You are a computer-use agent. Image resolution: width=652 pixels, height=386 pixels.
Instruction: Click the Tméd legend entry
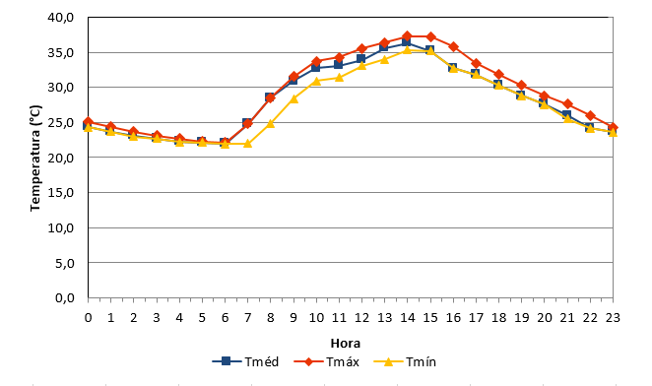[245, 361]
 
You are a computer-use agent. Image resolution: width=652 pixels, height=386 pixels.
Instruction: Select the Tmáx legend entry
[326, 361]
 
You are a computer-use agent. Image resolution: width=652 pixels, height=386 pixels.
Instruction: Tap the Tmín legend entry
[405, 361]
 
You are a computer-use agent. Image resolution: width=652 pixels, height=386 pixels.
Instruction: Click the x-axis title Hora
[345, 343]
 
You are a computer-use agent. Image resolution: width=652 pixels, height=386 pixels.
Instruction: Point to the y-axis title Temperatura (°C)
[35, 159]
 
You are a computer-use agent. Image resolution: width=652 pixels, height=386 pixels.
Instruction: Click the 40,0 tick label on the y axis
[61, 18]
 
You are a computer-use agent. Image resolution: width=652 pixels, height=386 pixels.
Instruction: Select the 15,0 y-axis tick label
[61, 193]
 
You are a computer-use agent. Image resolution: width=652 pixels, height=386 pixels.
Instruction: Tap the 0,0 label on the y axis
[64, 297]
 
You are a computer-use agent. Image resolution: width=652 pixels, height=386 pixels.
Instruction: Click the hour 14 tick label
[407, 318]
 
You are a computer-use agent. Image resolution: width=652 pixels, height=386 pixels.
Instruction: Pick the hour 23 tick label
[613, 318]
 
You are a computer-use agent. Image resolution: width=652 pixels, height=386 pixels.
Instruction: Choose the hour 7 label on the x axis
[247, 318]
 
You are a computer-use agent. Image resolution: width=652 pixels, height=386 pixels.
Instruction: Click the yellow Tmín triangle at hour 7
[247, 144]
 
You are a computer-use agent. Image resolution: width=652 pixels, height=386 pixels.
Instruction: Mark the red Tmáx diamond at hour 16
[453, 46]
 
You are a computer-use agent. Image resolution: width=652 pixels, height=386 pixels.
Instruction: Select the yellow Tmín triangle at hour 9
[293, 98]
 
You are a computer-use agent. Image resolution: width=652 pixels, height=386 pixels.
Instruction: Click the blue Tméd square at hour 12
[360, 59]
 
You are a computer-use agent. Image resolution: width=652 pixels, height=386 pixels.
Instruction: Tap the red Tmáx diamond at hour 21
[567, 104]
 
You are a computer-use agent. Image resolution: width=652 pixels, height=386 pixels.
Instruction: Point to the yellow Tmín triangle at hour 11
[339, 77]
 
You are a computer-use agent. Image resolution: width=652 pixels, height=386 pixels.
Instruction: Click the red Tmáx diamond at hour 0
[89, 122]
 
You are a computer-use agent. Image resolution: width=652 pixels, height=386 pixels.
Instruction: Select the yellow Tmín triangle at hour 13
[384, 59]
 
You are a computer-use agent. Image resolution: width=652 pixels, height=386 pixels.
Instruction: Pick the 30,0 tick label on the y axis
[61, 88]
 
